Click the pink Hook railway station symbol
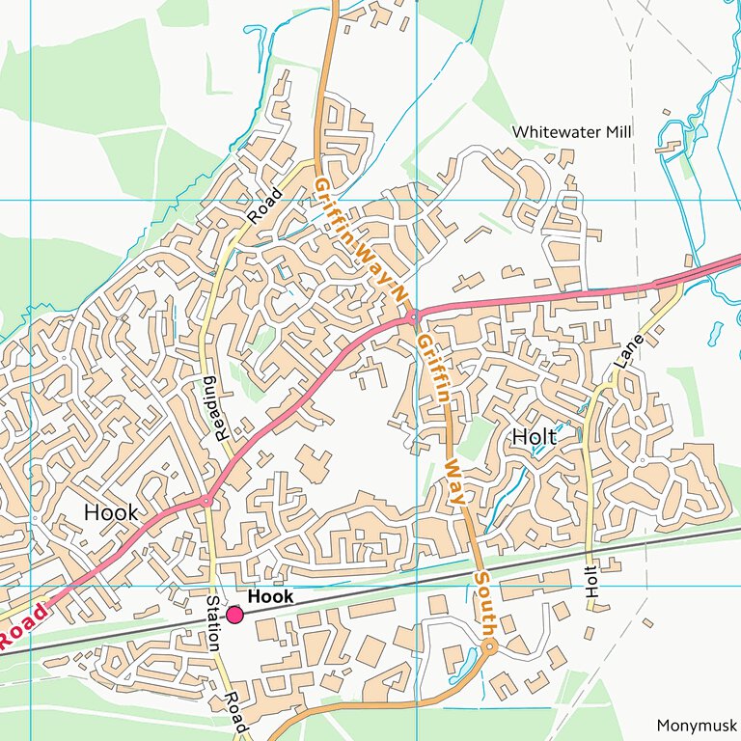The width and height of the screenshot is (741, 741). point(234,615)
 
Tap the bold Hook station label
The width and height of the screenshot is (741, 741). point(270,597)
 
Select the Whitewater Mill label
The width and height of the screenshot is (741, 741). point(572,131)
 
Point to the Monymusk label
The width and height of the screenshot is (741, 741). point(696,726)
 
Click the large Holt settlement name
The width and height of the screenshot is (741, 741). point(534,437)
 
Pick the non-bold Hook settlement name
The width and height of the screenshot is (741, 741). point(111,512)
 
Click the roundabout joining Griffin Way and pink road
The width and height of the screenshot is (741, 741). point(412,316)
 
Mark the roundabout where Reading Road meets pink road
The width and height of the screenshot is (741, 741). point(206,501)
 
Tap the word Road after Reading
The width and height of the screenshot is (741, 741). point(264,205)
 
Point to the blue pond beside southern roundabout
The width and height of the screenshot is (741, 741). point(458,663)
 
